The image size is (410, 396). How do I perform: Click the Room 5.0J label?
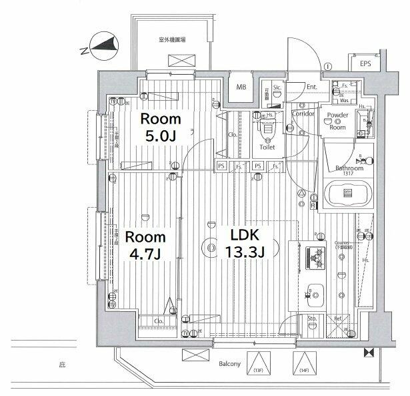(x=159, y=128)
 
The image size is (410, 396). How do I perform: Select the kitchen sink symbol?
(x=313, y=292)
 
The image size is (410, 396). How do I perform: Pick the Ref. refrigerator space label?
(x=337, y=319)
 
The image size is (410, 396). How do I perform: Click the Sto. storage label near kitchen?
(x=311, y=319)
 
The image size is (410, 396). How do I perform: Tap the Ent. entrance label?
(x=312, y=87)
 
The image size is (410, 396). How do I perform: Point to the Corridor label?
(x=303, y=114)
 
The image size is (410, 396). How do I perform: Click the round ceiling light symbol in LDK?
(x=211, y=248)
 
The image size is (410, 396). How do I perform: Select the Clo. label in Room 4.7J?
(x=159, y=321)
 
